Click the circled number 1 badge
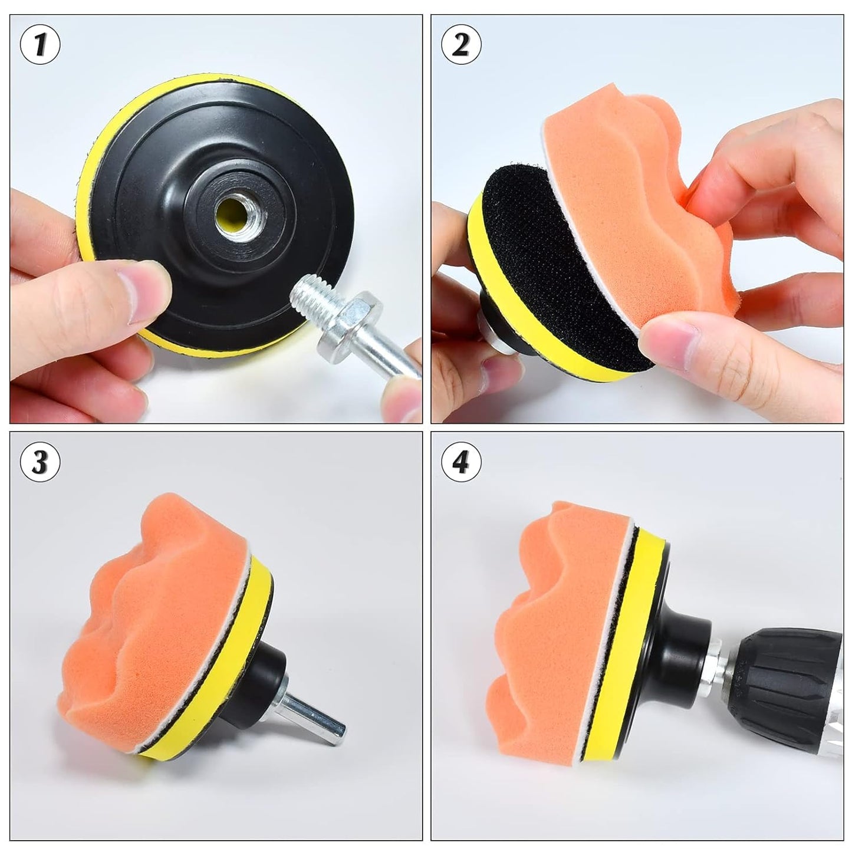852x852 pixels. point(41,45)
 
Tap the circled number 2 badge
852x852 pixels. point(460,45)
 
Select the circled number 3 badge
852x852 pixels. point(41,462)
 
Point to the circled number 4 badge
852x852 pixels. point(460,462)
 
